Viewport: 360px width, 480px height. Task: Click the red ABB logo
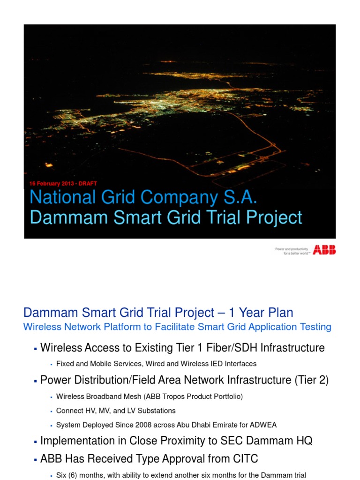(324, 250)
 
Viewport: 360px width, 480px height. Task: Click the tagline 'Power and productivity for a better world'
(291, 250)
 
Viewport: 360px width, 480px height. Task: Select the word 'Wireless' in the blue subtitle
(41, 327)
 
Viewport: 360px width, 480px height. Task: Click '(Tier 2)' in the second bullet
(311, 380)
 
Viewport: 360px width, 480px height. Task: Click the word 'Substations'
(157, 411)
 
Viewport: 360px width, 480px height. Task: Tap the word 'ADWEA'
(263, 425)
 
